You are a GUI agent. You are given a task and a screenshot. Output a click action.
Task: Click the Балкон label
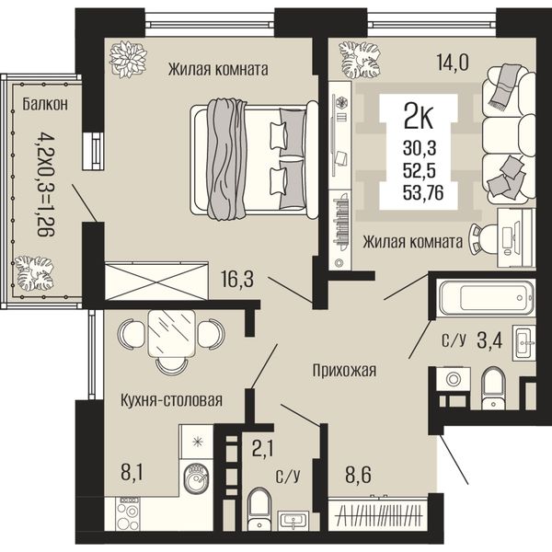coord(45,104)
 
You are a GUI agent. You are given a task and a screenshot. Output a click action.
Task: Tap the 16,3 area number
coord(237,279)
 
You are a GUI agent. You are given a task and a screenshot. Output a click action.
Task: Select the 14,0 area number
coord(453,63)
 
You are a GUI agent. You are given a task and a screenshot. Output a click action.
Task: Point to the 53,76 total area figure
coord(423,192)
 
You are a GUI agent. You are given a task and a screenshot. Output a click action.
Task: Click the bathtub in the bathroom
coord(486,298)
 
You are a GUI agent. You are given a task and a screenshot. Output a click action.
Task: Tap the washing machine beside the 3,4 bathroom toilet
coord(454,379)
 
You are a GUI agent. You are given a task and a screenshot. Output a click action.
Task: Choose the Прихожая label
coord(345,371)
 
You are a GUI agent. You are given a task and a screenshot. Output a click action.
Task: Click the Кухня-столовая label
coord(171,400)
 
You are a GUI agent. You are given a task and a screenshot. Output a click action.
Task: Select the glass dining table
coord(171,333)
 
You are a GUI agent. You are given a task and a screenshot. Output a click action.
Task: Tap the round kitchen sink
coord(197,477)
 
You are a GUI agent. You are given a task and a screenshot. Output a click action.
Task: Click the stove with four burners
coord(129,513)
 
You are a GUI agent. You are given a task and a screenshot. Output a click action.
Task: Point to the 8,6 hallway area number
coord(358,475)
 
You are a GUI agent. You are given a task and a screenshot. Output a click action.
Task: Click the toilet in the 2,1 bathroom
coord(259,509)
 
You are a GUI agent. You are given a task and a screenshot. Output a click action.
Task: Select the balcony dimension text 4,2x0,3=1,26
coord(46,183)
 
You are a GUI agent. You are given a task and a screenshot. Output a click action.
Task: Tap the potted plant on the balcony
coord(34,273)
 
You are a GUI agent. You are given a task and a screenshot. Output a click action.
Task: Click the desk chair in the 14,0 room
coord(482,238)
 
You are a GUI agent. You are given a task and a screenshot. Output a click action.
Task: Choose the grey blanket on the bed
coord(225,159)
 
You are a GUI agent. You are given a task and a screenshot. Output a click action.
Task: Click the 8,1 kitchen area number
coord(132,473)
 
